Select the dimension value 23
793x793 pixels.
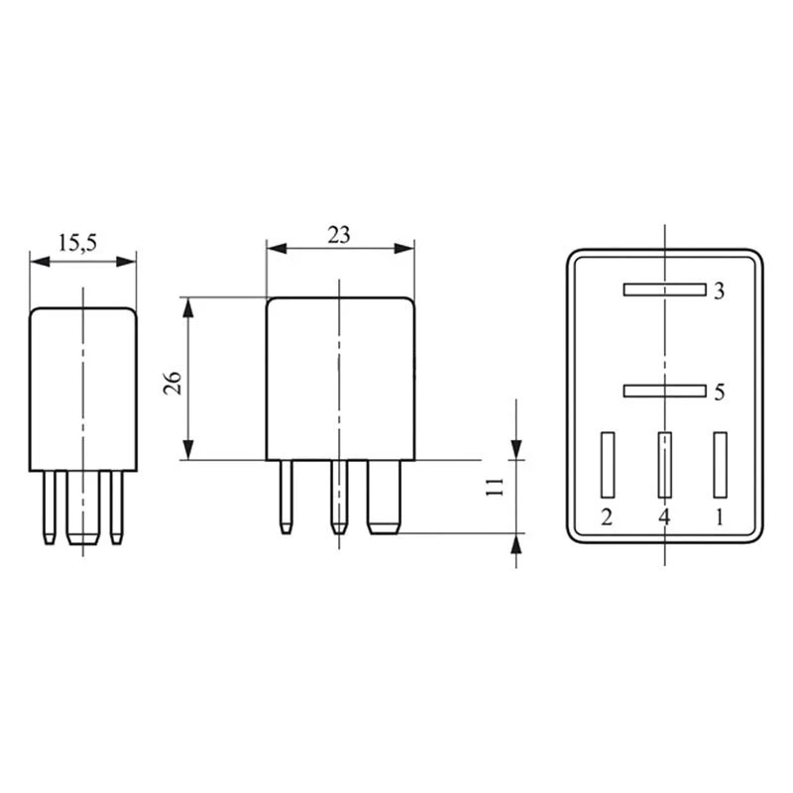tap(339, 235)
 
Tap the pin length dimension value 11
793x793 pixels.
tap(498, 486)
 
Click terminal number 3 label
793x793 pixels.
tap(720, 291)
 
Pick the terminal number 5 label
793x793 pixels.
tap(720, 392)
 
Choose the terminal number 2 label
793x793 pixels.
tap(607, 516)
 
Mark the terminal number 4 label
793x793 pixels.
tap(664, 516)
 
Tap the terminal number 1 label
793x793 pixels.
tap(721, 516)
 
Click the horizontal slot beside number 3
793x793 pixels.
tap(663, 290)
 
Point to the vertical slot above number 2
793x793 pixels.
tap(608, 464)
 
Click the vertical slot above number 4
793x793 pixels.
tap(664, 464)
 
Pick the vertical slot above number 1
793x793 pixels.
tap(721, 464)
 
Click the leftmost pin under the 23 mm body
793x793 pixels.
tap(286, 496)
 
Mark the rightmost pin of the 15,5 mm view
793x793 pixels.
tap(118, 506)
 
